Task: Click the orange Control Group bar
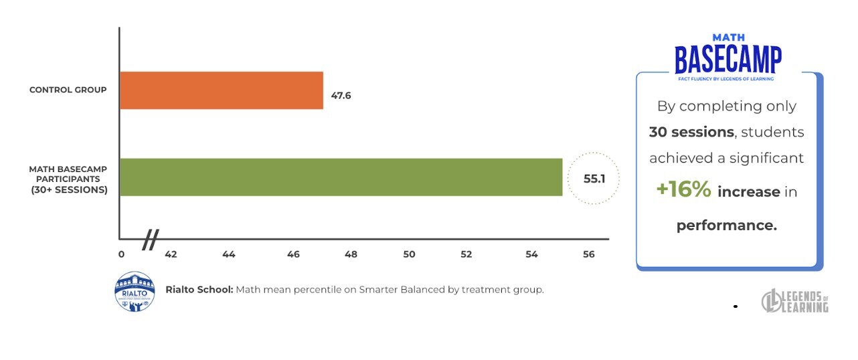(221, 90)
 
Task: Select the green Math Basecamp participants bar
(341, 177)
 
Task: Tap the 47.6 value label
(341, 96)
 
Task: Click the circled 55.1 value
(593, 179)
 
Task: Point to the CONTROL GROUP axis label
(68, 90)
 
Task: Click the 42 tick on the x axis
(171, 254)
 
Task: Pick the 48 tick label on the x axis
(351, 254)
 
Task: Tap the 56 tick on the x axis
(589, 254)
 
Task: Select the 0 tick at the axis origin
(121, 254)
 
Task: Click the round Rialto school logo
(135, 291)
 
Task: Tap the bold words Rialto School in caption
(199, 290)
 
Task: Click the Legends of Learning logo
(795, 301)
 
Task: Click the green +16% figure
(683, 190)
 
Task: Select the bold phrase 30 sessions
(691, 132)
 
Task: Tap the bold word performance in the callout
(726, 226)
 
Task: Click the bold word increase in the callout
(748, 193)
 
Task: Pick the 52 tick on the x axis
(466, 254)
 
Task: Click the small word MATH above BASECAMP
(728, 38)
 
